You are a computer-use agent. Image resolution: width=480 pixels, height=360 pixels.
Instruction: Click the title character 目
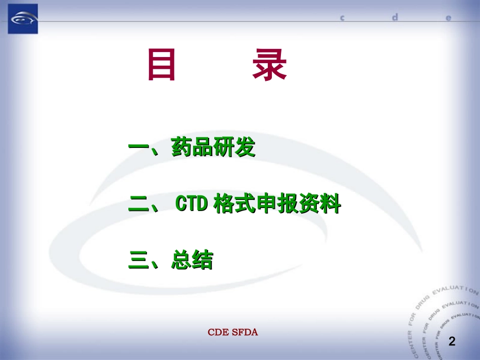tap(162, 65)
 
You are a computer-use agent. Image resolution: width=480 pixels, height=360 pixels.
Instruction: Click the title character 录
tap(269, 65)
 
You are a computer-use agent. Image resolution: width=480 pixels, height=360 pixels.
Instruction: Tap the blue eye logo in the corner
tap(23, 19)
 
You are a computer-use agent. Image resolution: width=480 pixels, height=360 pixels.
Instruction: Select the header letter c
tap(342, 18)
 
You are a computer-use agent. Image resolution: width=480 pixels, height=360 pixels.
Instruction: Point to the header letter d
tap(395, 17)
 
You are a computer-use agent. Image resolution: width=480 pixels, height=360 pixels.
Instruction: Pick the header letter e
tap(448, 18)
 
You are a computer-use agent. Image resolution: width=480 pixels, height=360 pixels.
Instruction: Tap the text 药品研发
tap(213, 147)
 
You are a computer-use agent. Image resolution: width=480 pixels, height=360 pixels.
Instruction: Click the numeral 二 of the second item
tap(138, 205)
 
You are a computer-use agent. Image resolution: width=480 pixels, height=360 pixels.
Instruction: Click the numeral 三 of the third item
tap(138, 261)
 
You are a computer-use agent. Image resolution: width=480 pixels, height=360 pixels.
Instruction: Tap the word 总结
tap(192, 261)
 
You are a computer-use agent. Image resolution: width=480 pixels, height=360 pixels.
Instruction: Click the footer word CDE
tap(217, 332)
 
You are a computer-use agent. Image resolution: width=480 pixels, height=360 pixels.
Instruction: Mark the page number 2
tap(452, 342)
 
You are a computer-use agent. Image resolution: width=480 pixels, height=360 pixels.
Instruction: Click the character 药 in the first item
tap(181, 147)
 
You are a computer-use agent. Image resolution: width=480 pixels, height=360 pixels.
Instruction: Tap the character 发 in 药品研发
tap(245, 147)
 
